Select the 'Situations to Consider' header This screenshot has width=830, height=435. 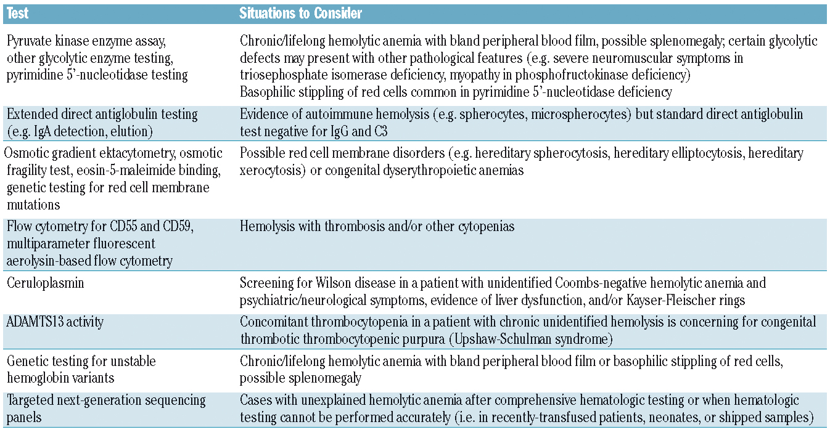pos(301,13)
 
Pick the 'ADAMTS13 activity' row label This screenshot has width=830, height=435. pos(55,321)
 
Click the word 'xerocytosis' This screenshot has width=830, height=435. pos(271,170)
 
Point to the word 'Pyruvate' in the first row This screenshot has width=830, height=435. pos(31,41)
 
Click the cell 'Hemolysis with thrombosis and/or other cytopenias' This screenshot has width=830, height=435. pos(377,227)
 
